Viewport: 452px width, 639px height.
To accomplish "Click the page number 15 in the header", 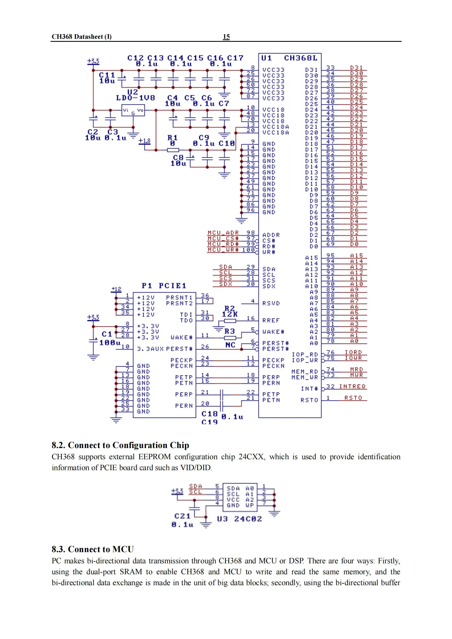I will coord(226,37).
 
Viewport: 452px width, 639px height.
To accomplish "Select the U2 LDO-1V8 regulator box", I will coord(133,110).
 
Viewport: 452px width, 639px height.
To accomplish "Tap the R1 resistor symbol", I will coord(173,150).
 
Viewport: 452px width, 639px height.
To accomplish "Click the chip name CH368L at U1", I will coord(301,58).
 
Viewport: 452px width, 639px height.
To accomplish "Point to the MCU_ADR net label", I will coord(223,233).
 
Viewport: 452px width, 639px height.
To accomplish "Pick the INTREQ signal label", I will coord(352,386).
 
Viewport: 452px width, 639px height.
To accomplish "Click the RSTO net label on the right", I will coord(353,398).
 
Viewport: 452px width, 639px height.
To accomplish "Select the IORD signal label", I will coord(353,352).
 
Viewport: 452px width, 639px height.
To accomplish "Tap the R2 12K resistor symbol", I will coord(230,321).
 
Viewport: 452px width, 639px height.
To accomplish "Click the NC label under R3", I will coord(230,345).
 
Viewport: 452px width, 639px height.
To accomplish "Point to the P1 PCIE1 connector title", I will coord(164,286).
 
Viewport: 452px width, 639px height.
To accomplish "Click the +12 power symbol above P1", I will coord(116,289).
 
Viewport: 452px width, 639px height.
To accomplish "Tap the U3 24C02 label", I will coord(239,519).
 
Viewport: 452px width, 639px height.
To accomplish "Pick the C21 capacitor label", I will coord(182,516).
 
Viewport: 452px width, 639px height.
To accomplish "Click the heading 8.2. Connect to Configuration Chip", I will coord(120,445).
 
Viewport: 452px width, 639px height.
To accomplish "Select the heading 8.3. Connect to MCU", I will coord(92,549).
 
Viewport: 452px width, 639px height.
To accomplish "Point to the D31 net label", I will coord(357,68).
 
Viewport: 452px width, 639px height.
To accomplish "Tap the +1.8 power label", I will coord(144,141).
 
